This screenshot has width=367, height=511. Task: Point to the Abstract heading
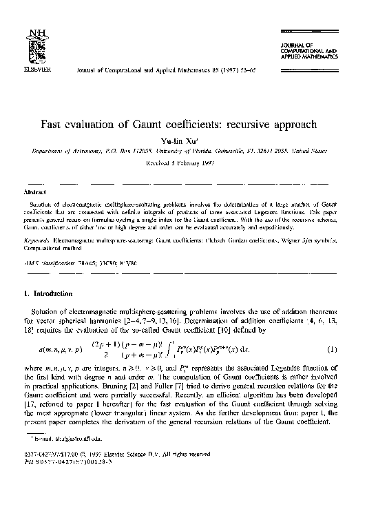[x=35, y=194]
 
